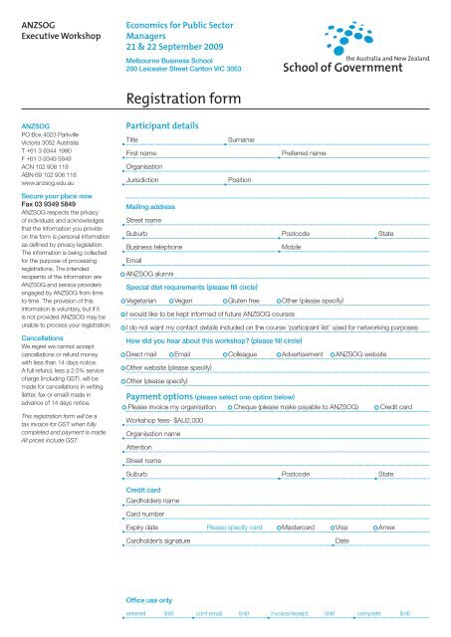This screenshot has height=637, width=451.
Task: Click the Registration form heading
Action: pos(186,99)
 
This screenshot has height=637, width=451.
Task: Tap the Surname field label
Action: pos(242,140)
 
